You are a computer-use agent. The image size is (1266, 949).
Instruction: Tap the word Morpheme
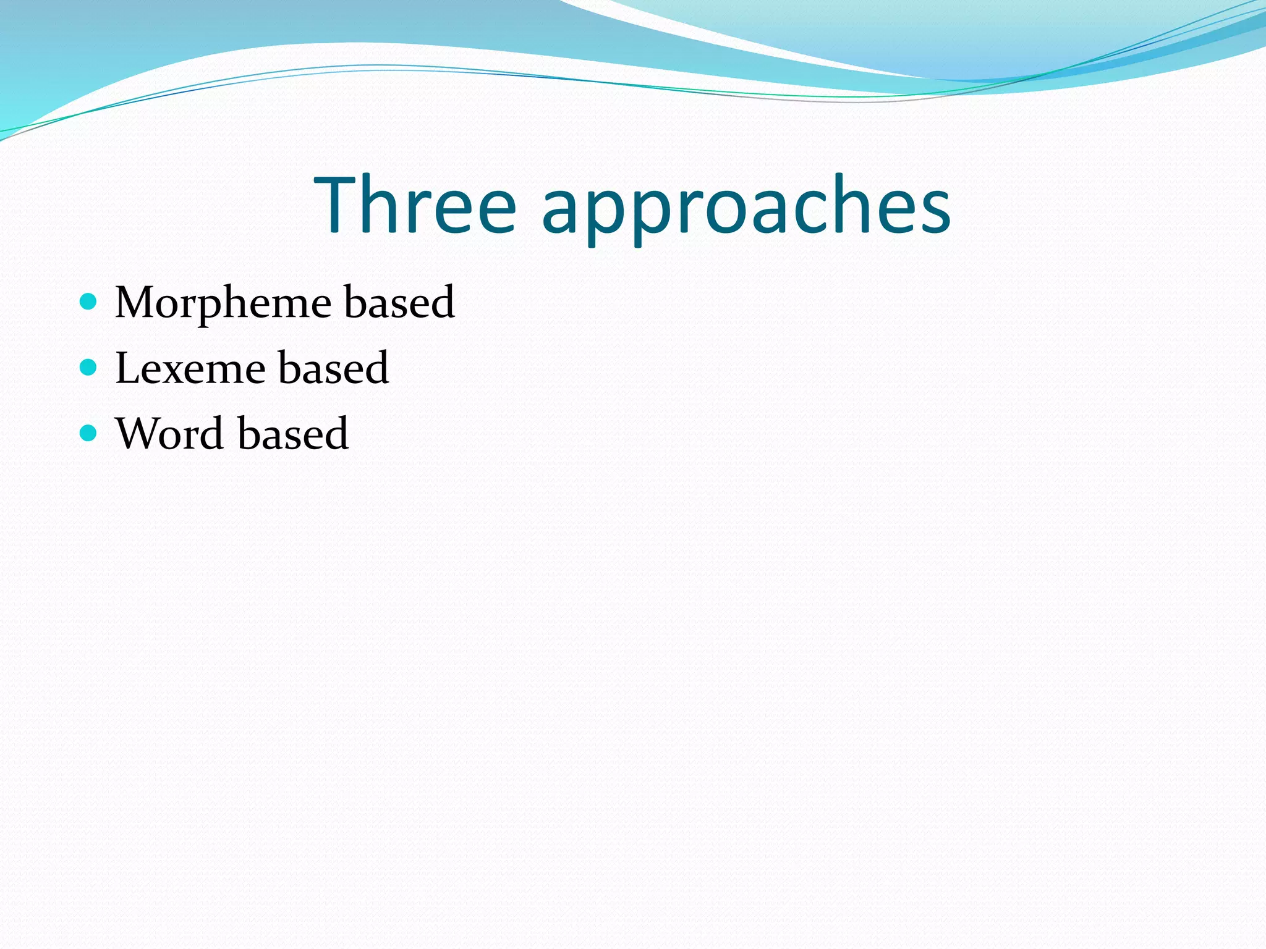click(x=223, y=303)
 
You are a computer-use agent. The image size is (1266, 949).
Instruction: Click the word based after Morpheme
click(x=399, y=302)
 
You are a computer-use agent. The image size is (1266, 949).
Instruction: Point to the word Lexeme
click(x=190, y=368)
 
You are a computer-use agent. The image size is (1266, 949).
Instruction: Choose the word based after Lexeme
click(x=334, y=368)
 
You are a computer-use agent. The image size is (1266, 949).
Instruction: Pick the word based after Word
click(x=293, y=433)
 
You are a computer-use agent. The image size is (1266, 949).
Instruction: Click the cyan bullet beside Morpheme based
click(x=89, y=302)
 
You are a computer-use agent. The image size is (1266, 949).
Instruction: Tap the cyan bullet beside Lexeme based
click(x=89, y=368)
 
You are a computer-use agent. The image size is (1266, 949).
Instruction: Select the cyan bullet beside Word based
click(x=89, y=432)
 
